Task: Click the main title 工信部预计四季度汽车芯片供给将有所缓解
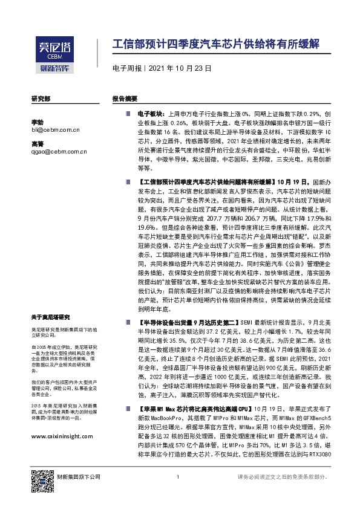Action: (215, 45)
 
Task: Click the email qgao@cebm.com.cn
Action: (59, 152)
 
